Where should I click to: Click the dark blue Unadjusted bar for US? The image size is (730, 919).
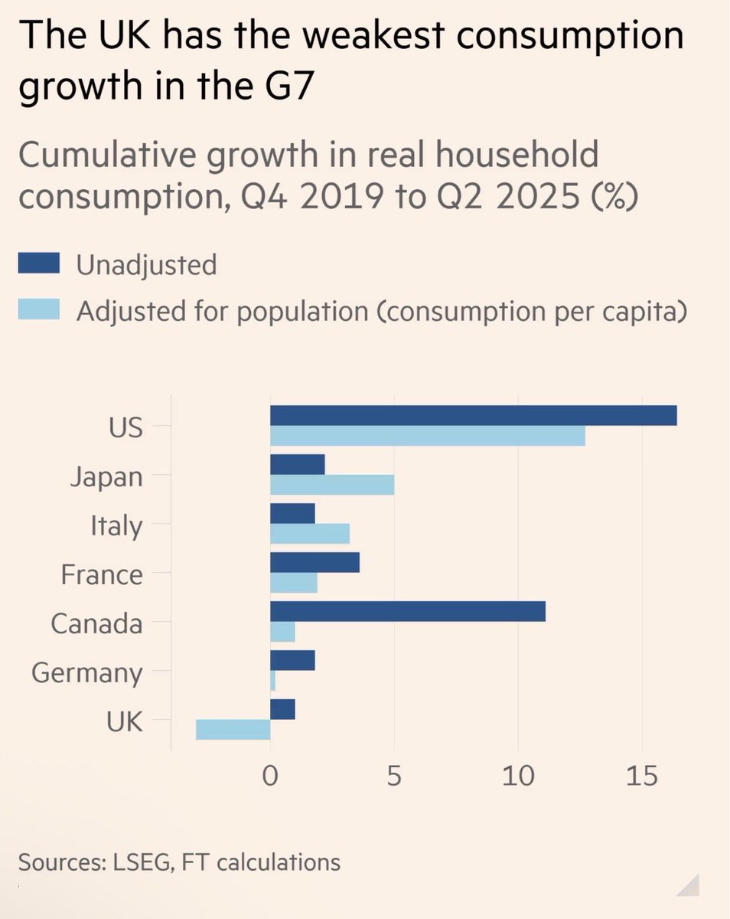473,415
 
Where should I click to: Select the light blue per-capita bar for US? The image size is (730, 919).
427,436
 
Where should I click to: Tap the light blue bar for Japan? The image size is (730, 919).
332,485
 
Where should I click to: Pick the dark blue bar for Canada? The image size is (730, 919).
407,611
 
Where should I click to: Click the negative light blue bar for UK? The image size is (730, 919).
233,729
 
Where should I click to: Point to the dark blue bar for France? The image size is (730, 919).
314,562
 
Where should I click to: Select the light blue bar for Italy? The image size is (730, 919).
310,533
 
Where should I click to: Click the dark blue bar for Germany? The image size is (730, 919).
292,660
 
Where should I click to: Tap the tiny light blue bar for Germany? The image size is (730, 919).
272,681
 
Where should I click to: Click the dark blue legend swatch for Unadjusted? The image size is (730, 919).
38,265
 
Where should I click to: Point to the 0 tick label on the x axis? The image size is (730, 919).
270,777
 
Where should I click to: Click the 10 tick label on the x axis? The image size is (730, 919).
518,777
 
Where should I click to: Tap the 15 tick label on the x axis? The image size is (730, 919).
641,777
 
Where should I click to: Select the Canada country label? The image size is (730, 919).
96,623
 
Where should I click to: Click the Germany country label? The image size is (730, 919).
87,673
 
